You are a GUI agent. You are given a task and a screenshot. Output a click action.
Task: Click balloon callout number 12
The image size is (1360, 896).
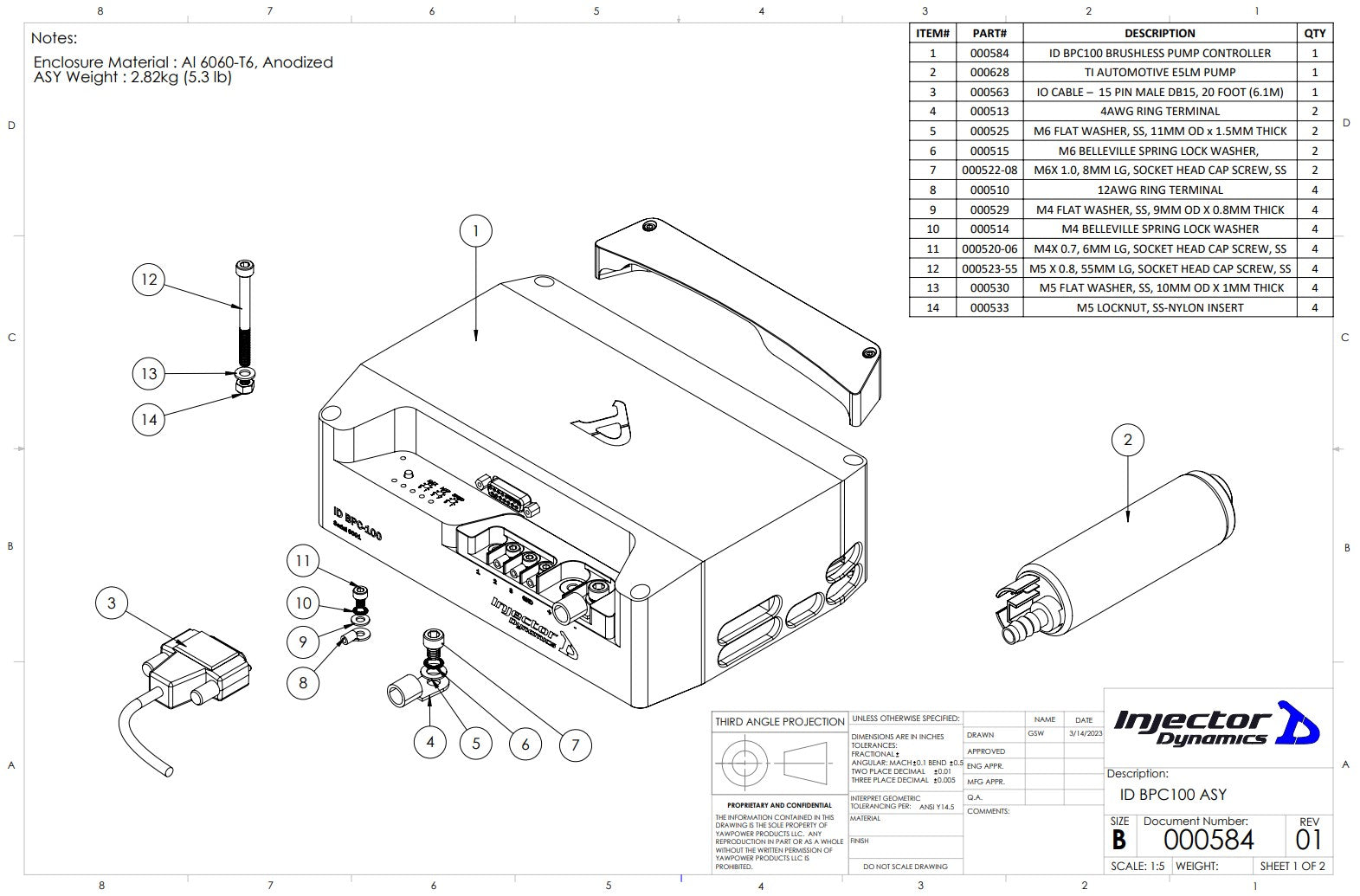[x=150, y=279]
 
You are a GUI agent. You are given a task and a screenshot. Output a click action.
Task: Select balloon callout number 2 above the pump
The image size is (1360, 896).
[x=1127, y=440]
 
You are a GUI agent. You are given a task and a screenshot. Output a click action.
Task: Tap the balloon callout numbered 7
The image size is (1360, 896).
[x=575, y=745]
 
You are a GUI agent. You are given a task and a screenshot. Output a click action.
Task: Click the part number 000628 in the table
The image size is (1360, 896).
[x=989, y=73]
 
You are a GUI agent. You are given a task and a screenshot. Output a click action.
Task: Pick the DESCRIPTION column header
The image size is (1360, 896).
[x=1159, y=34]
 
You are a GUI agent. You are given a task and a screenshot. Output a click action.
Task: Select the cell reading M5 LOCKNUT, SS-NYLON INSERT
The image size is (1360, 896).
[x=1159, y=307]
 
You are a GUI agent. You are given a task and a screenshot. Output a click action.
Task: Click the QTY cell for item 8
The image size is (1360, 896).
[x=1314, y=190]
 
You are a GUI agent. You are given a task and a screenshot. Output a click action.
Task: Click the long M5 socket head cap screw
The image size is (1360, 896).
[x=246, y=312]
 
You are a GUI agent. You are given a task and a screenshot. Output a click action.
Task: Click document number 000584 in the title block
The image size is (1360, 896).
[x=1208, y=839]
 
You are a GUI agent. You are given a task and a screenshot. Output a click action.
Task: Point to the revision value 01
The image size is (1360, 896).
[x=1308, y=840]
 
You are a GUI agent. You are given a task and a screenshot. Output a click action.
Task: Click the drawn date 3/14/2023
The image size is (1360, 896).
[x=1085, y=733]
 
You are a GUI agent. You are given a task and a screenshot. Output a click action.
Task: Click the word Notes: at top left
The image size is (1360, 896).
[x=54, y=38]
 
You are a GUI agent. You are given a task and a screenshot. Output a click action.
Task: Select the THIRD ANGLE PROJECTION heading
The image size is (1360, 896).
[x=779, y=721]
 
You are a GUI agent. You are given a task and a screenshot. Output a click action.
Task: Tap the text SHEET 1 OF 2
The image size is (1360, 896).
[x=1292, y=866]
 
